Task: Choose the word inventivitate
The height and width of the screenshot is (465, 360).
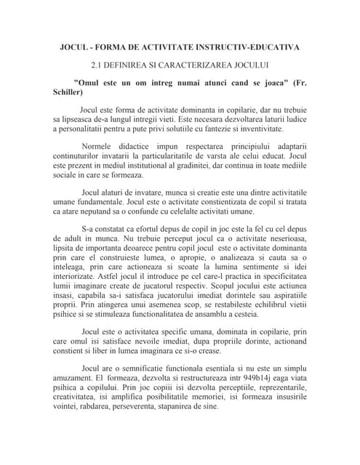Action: [x=278, y=128]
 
